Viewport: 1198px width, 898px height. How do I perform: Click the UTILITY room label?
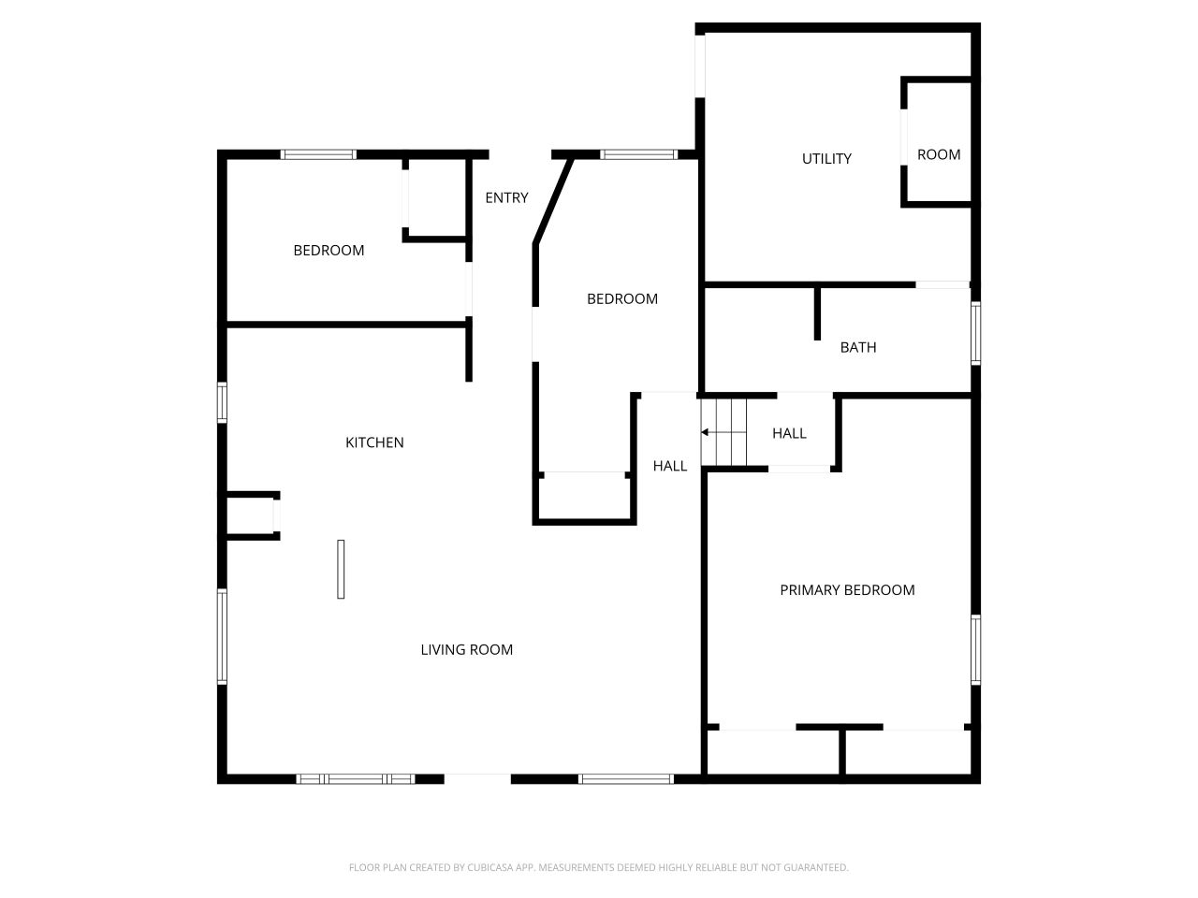pyautogui.click(x=826, y=159)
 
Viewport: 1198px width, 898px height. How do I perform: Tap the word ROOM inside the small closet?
pyautogui.click(x=939, y=155)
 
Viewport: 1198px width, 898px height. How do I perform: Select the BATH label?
pyautogui.click(x=858, y=348)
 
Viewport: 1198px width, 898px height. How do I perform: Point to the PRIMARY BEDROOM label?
pyautogui.click(x=847, y=590)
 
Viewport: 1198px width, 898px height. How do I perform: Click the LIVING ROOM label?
pyautogui.click(x=466, y=650)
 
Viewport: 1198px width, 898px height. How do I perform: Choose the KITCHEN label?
pyautogui.click(x=374, y=442)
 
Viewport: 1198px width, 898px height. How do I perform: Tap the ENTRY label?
pyautogui.click(x=506, y=198)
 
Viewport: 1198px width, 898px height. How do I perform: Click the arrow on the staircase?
pyautogui.click(x=706, y=432)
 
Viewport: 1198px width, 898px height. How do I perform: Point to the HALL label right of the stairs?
pyautogui.click(x=789, y=433)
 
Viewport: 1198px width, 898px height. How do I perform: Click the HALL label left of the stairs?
pyautogui.click(x=670, y=466)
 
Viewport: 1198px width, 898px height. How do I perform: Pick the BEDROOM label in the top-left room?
pyautogui.click(x=329, y=251)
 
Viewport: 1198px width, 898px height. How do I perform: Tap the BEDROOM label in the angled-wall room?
pyautogui.click(x=622, y=299)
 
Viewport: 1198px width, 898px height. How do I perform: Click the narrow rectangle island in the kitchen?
pyautogui.click(x=341, y=569)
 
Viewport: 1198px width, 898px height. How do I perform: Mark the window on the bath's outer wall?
pyautogui.click(x=974, y=332)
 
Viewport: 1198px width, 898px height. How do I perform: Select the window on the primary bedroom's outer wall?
pyautogui.click(x=974, y=649)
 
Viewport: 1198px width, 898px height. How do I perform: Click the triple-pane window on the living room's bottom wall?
pyautogui.click(x=356, y=778)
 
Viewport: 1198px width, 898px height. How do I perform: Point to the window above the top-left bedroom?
pyautogui.click(x=318, y=154)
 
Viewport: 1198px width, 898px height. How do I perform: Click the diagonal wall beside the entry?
pyautogui.click(x=553, y=201)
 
